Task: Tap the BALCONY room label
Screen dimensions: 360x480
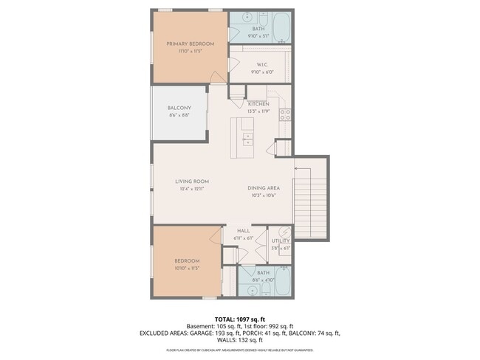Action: (x=179, y=108)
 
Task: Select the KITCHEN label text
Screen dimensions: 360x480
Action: (x=258, y=104)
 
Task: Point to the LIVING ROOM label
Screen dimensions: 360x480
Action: (x=192, y=181)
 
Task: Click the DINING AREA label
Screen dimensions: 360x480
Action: (x=263, y=188)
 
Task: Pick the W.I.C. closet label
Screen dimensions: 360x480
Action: (x=261, y=65)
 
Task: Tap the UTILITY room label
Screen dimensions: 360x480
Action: (x=281, y=241)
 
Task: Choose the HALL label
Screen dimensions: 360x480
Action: (x=243, y=232)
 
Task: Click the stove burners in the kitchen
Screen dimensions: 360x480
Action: (x=285, y=114)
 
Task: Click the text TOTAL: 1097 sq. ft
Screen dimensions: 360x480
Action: (x=240, y=318)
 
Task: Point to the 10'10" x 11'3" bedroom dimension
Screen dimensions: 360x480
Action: (x=187, y=269)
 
